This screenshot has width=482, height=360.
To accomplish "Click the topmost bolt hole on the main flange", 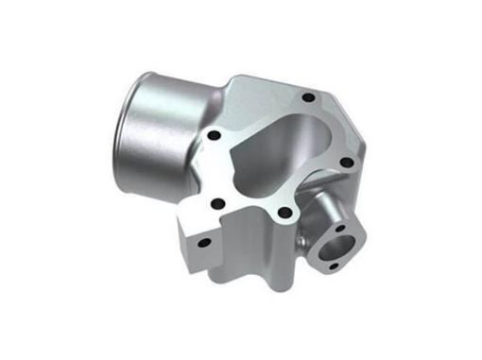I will pos(307,97).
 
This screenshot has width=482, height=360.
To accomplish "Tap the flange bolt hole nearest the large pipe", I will pos(215,136).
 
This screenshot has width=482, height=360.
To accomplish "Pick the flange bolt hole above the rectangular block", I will pos(216,202).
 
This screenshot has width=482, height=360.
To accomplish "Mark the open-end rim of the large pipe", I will pos(132,123).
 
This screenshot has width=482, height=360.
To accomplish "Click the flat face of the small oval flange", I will pos(351,248).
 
